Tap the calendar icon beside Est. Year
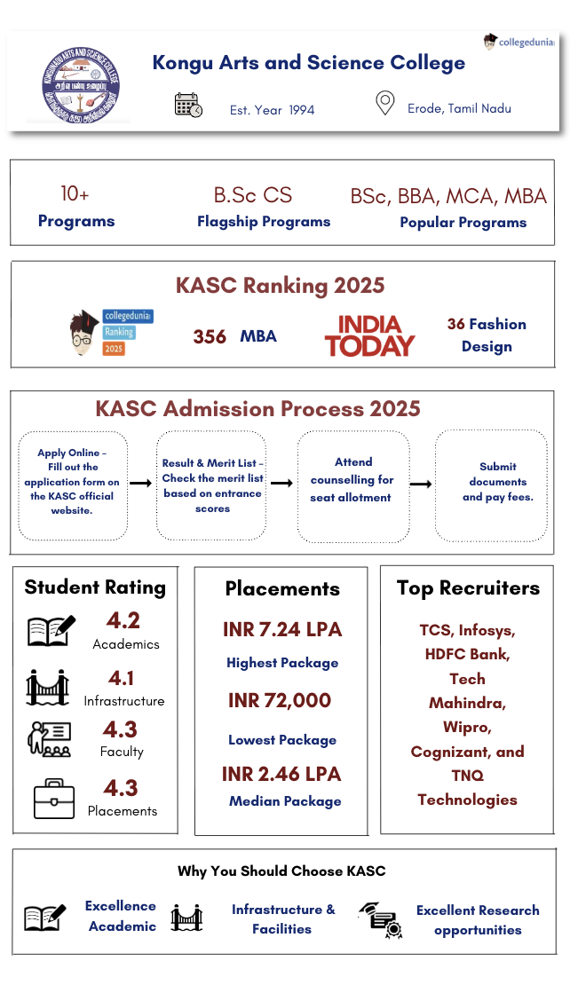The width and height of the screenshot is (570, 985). pos(188,106)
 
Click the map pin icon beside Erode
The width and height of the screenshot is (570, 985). pos(384,104)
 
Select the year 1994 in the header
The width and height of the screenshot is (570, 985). pos(301,110)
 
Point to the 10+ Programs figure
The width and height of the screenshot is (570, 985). pos(75,193)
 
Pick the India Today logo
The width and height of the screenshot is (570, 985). pos(369,336)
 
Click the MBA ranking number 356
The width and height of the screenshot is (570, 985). pos(210,337)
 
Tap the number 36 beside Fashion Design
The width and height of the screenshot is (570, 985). pos(456,325)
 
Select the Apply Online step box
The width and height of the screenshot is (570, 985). pos(74,485)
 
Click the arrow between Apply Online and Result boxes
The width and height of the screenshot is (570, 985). pos(141,484)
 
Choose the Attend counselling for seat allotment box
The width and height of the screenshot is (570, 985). pos(352,485)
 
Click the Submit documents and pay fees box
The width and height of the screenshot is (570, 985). pos(491,485)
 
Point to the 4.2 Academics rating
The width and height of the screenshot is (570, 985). pos(123,620)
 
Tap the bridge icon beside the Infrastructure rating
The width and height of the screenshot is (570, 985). pos(47,687)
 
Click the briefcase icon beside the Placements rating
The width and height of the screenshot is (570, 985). pos(53,797)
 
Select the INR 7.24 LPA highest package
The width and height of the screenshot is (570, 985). pos(282,630)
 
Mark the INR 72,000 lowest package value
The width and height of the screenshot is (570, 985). pos(280,701)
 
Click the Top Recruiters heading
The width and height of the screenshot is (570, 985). pos(468,587)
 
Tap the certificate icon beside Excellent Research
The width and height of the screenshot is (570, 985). pos(380,920)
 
